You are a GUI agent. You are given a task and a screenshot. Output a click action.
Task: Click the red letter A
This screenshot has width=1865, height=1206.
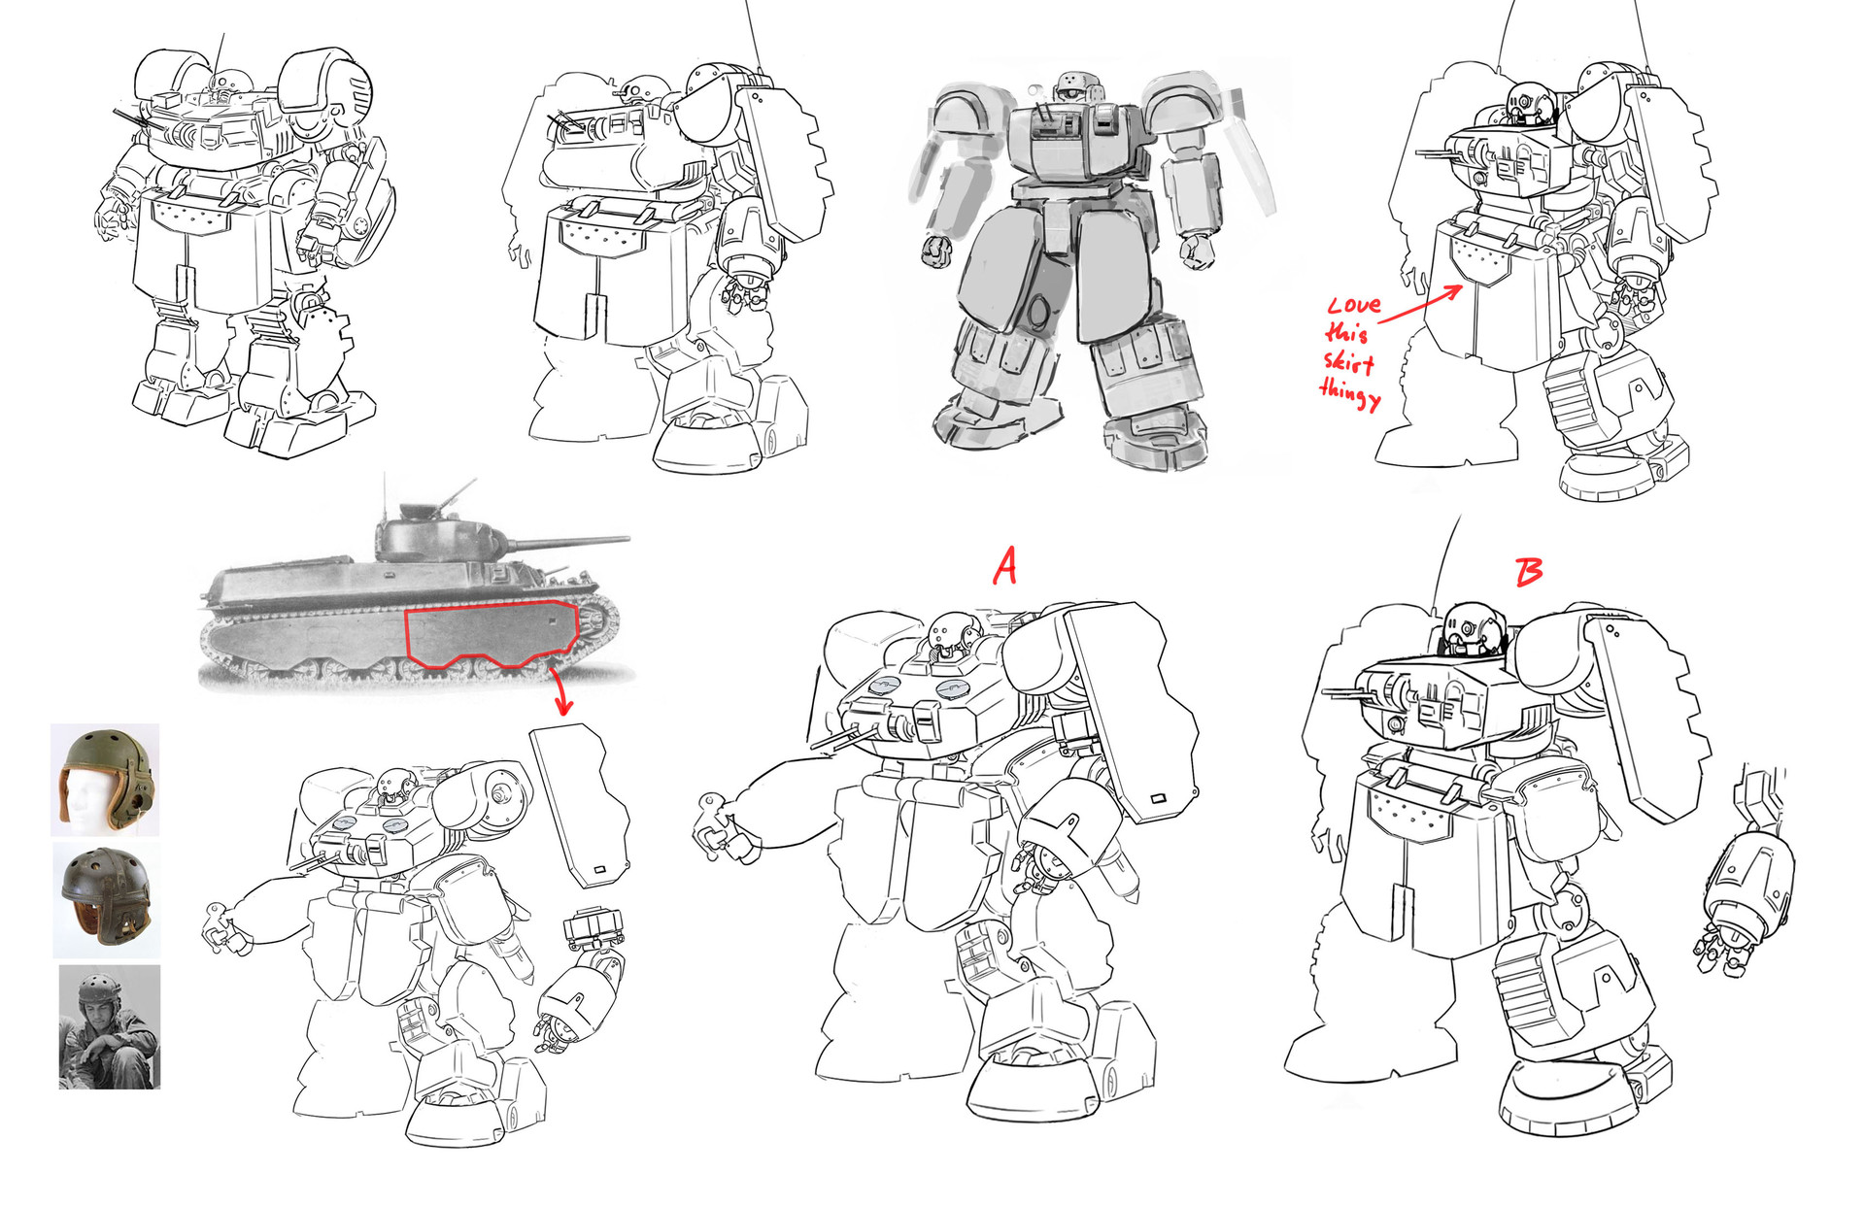click(x=1005, y=565)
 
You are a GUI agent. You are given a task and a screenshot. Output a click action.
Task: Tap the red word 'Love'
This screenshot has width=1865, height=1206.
click(x=1354, y=305)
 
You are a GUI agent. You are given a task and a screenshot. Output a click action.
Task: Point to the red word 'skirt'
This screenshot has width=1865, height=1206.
click(x=1349, y=363)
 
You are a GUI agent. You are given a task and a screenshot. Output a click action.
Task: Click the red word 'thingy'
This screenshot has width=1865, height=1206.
click(x=1349, y=394)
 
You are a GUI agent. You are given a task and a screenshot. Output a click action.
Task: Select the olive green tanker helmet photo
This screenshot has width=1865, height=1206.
click(x=105, y=779)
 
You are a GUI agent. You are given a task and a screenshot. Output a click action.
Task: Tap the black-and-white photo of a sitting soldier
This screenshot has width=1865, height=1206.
click(x=109, y=1026)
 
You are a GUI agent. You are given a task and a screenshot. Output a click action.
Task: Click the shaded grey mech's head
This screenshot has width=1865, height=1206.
click(x=1069, y=84)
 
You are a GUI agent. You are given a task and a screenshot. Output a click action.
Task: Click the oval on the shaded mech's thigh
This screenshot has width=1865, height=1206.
click(x=1037, y=313)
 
